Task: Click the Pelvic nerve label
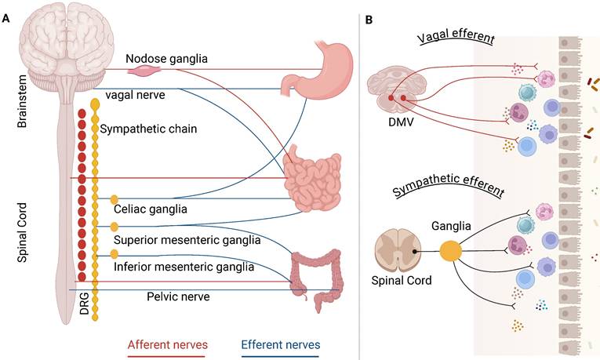point(178,296)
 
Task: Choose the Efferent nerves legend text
point(280,344)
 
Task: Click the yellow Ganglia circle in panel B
point(449,252)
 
